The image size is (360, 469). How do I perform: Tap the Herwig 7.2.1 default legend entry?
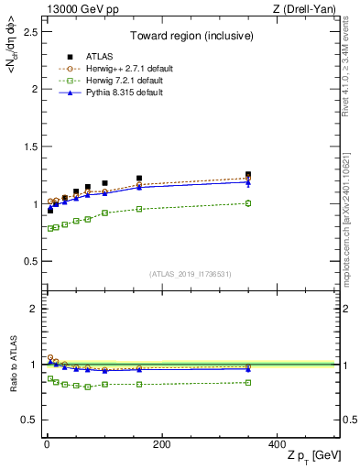[122, 81]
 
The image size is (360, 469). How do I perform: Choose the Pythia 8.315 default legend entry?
[120, 93]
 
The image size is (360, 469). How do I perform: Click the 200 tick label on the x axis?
[161, 443]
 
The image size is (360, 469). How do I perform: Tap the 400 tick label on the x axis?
[276, 443]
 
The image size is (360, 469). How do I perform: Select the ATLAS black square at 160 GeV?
[139, 178]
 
